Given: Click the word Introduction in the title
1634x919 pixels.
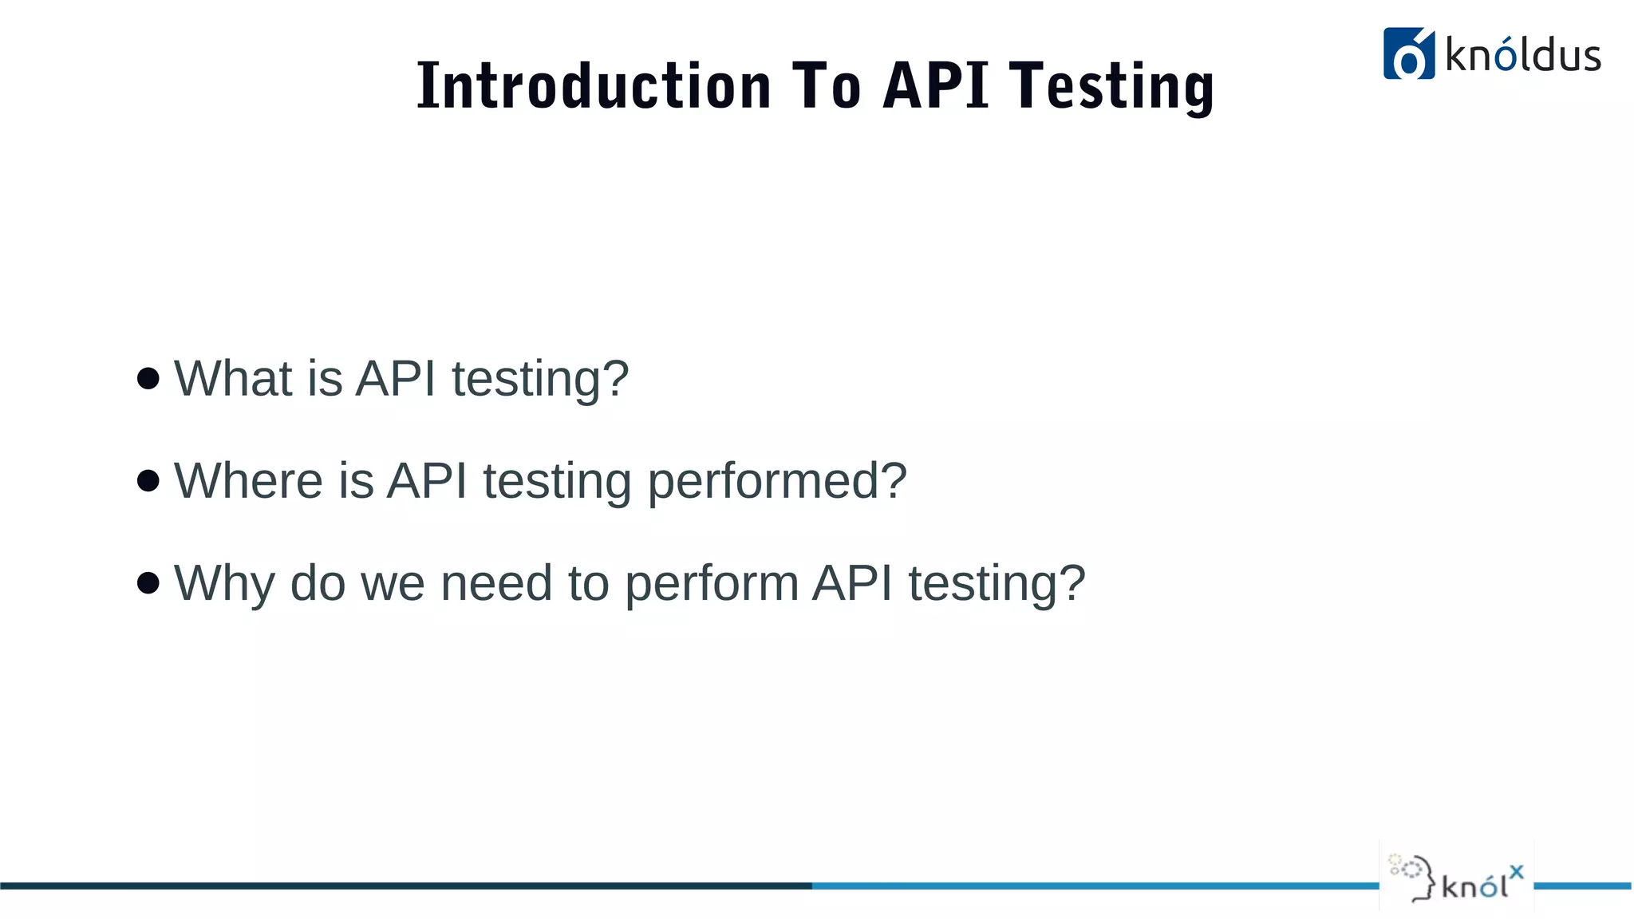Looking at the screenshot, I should click(x=594, y=85).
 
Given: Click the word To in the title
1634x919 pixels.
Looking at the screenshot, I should click(x=827, y=85).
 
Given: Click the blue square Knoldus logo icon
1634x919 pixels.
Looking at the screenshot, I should click(x=1408, y=54).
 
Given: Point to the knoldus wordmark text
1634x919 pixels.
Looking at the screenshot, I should click(x=1522, y=56).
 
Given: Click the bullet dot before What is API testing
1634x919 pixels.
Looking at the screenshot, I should click(x=148, y=378).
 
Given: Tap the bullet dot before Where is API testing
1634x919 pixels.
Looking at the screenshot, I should click(x=148, y=480).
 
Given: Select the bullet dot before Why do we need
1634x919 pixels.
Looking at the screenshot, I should click(x=148, y=582).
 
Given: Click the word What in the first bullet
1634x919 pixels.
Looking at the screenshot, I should click(x=232, y=378).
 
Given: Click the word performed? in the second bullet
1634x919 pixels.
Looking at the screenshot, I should click(x=776, y=480).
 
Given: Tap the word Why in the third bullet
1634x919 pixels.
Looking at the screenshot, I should click(x=223, y=582).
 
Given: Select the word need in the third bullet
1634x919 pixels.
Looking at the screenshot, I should click(x=495, y=582).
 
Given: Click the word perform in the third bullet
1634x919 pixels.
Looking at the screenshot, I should click(x=711, y=582).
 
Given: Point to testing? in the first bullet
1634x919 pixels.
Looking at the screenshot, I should click(x=540, y=378).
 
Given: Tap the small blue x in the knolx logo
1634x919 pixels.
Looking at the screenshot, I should click(x=1516, y=872).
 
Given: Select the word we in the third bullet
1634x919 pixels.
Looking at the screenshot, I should click(x=393, y=582).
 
